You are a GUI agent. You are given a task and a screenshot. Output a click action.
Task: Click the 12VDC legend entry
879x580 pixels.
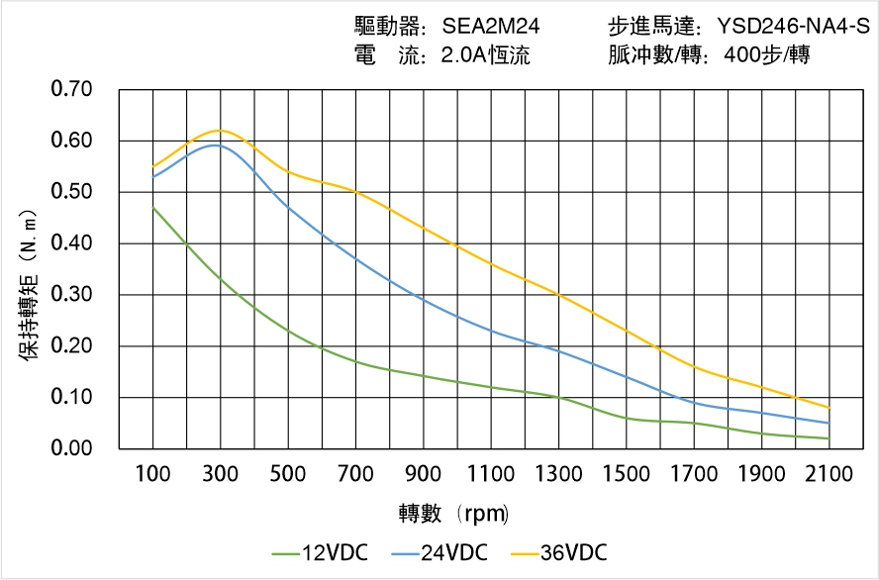pyautogui.click(x=321, y=552)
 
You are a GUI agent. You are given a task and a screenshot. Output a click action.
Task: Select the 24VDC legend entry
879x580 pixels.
pyautogui.click(x=439, y=552)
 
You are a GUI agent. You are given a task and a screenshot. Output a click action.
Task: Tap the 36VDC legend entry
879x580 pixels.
pyautogui.click(x=558, y=552)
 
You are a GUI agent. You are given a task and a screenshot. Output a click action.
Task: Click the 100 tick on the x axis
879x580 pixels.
pyautogui.click(x=152, y=474)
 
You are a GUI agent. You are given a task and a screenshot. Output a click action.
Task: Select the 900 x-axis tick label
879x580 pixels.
pyautogui.click(x=424, y=474)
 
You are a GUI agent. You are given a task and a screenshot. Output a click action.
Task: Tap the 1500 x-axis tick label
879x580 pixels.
pyautogui.click(x=627, y=474)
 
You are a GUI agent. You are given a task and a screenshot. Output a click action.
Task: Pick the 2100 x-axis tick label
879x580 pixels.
pyautogui.click(x=830, y=474)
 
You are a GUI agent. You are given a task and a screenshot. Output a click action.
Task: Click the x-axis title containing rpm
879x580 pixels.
pyautogui.click(x=453, y=513)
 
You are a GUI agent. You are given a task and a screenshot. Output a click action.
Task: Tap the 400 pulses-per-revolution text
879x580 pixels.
pyautogui.click(x=764, y=55)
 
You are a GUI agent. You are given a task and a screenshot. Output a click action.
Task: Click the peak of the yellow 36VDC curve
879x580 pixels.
pyautogui.click(x=220, y=130)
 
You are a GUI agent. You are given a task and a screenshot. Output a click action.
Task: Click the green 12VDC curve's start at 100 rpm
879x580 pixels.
pyautogui.click(x=152, y=208)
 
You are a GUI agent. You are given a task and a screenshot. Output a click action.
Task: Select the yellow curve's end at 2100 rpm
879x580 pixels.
pyautogui.click(x=830, y=408)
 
